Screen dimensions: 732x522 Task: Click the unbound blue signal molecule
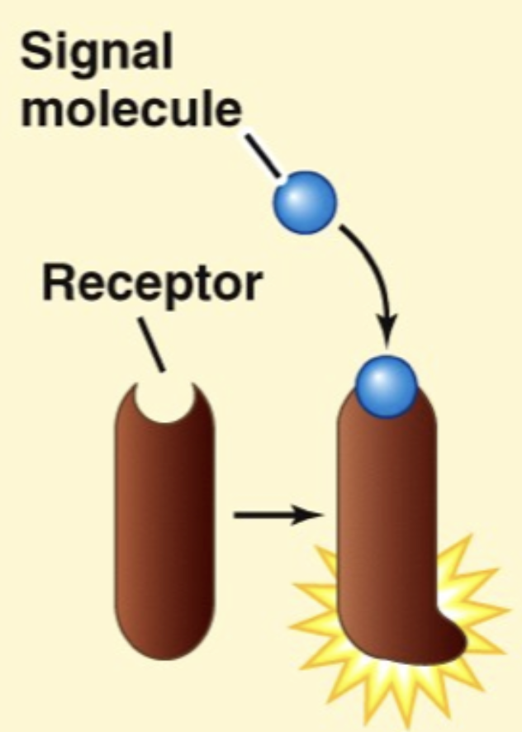click(306, 201)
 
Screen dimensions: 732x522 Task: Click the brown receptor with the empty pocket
click(164, 529)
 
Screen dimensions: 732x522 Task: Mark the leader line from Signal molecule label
click(263, 157)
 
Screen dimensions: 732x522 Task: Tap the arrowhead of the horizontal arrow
click(312, 516)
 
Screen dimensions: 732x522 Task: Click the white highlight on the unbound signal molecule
click(297, 192)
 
